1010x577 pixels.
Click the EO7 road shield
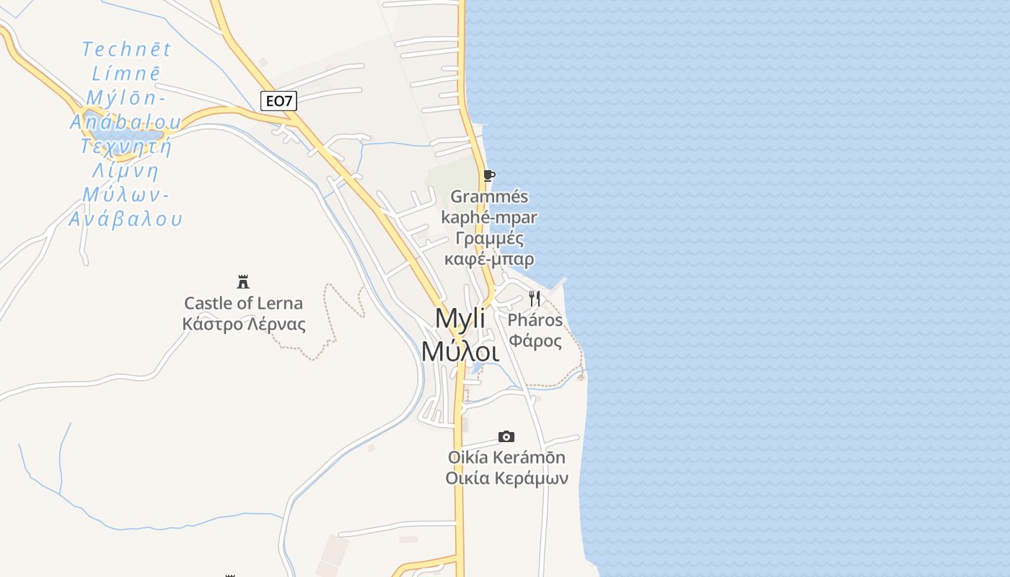278,101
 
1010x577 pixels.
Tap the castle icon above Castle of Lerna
243,281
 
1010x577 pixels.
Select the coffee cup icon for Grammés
489,176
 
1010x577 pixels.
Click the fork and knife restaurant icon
535,298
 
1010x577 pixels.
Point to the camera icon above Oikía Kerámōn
506,436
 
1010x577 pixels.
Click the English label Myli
460,319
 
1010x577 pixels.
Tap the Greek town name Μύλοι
460,351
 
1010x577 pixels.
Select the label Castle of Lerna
243,303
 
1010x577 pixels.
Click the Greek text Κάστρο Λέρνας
244,325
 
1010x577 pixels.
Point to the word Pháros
535,320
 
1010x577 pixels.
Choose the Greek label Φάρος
535,340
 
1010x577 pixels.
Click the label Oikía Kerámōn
506,457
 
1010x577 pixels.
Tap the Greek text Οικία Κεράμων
506,478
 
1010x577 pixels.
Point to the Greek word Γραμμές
489,239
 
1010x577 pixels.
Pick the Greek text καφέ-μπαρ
489,259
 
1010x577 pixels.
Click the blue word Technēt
126,49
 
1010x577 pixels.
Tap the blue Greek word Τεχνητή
126,146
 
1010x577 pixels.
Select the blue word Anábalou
126,122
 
